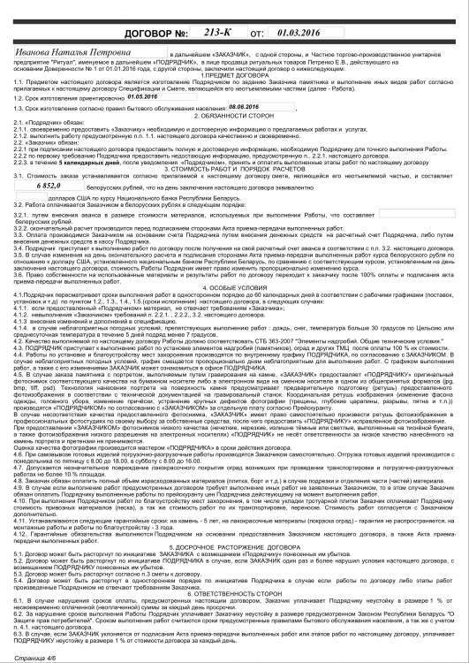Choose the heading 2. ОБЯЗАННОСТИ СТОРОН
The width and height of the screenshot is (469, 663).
pyautogui.click(x=234, y=140)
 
